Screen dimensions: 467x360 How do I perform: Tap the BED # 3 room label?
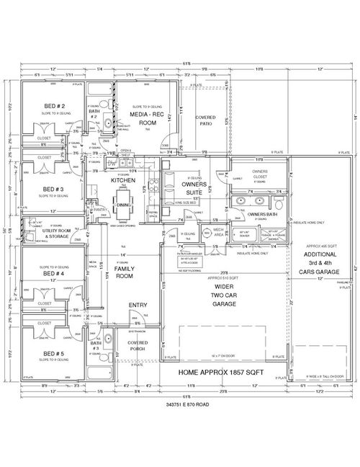52,190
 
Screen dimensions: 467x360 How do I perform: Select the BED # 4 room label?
52,274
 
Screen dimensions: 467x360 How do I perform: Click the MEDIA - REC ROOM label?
143,119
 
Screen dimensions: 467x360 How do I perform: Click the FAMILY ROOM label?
124,273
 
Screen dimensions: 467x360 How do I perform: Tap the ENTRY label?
138,306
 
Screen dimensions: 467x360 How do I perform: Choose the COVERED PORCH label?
138,346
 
